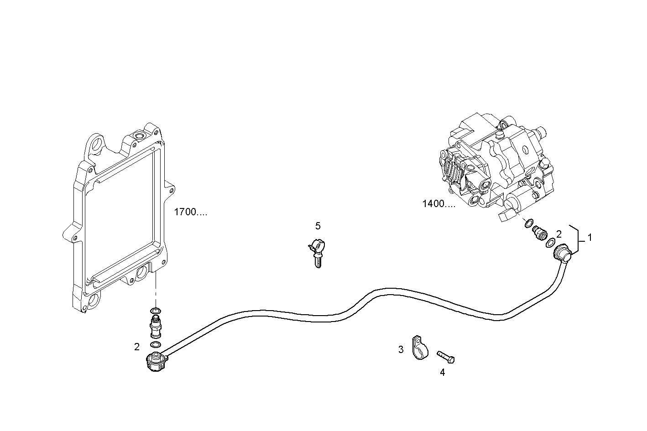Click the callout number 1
coord(590,238)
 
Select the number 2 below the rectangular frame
coord(137,347)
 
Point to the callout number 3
coord(401,350)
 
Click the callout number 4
coord(442,373)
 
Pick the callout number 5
coord(318,226)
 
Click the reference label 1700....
coord(190,212)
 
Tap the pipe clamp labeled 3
coord(420,348)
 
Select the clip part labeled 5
coord(317,253)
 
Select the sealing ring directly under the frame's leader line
coord(155,311)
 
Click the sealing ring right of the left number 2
coord(155,344)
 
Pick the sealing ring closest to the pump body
coord(528,223)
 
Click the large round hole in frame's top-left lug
coord(97,145)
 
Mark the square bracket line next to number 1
coord(578,238)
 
